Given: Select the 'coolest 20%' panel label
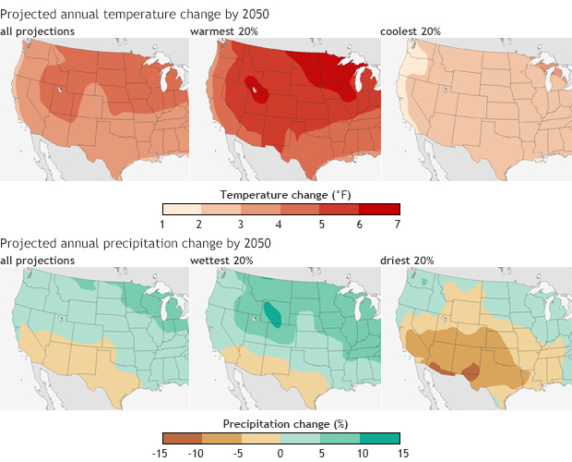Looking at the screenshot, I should pos(411,32).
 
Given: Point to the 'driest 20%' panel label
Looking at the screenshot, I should pos(407,261).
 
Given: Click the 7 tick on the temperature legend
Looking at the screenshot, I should pos(399,225).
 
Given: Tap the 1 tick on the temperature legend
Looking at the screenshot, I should pos(163,225).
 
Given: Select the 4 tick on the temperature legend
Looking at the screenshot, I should pos(280,225).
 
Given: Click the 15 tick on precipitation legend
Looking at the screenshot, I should pos(399,452).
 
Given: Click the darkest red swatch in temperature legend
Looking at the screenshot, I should pos(379,209).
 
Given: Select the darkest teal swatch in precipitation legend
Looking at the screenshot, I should pos(379,437).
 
